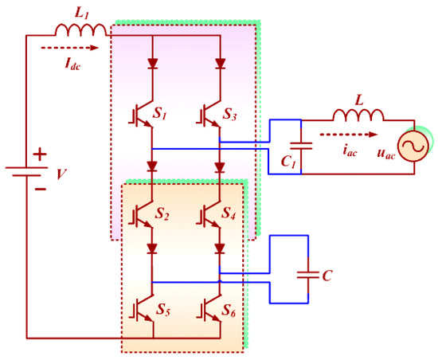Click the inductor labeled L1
click(80, 30)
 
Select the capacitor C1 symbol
click(300, 146)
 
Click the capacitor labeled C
click(307, 274)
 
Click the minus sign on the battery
click(40, 190)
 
